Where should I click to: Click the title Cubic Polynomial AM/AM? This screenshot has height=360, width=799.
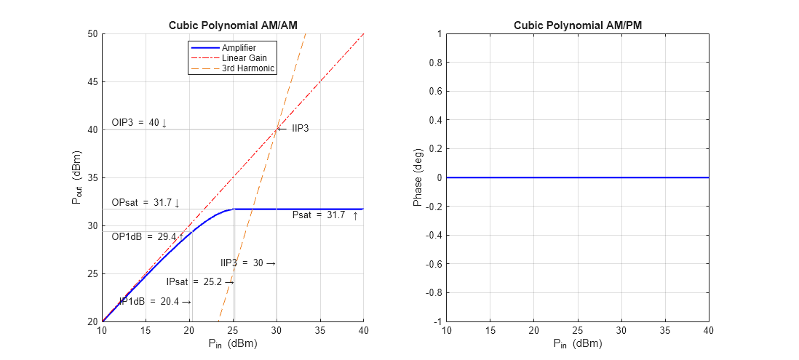point(233,25)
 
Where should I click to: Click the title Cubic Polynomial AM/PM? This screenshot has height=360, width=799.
point(578,25)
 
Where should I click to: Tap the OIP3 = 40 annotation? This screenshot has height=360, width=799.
point(139,123)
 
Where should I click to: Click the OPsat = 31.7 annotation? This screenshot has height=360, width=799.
point(145,203)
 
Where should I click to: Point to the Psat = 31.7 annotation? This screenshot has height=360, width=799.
point(325,215)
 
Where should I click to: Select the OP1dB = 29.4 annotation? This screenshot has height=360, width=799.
point(144,236)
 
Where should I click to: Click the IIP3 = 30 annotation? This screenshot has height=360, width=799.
point(247,263)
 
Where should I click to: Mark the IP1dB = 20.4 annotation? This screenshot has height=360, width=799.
point(155,301)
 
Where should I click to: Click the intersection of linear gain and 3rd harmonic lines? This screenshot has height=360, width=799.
point(277,129)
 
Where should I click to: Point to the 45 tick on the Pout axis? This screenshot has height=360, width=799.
point(92,81)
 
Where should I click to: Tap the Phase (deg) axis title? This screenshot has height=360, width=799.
point(418,177)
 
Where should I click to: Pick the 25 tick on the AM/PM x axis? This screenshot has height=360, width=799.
point(578,331)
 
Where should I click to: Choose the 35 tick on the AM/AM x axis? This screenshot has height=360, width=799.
point(320,331)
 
